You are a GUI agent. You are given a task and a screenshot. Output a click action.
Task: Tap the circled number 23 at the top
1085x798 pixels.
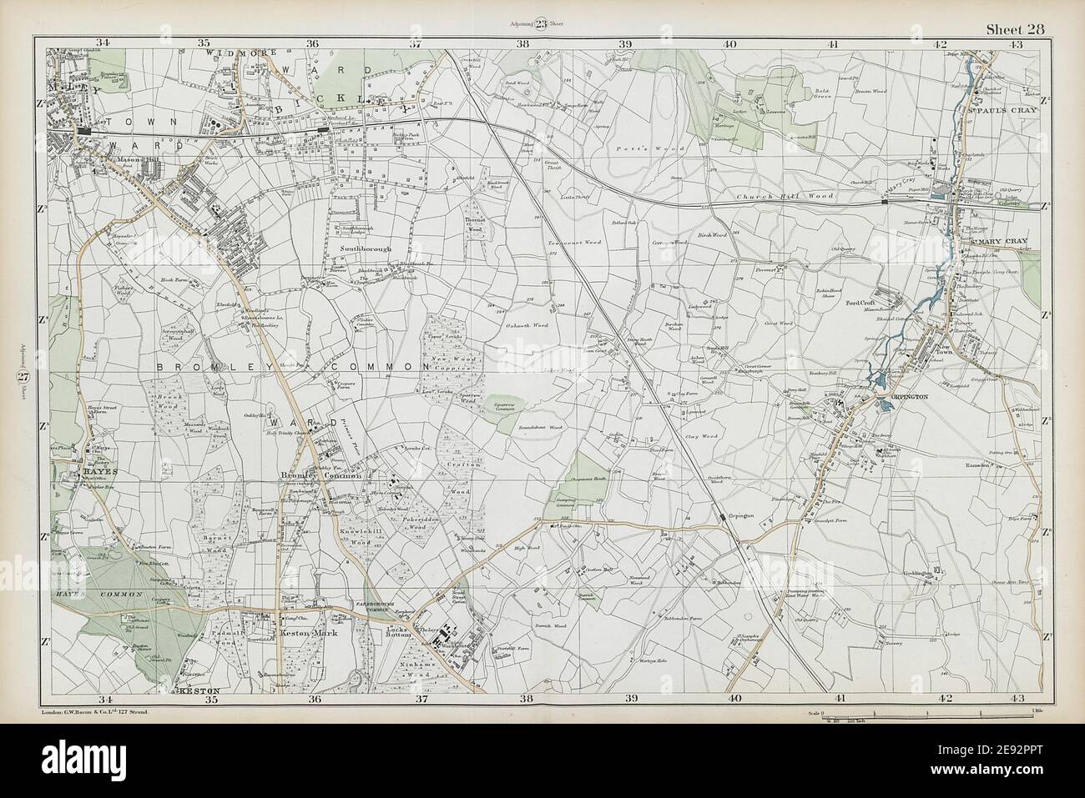coord(542,23)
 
